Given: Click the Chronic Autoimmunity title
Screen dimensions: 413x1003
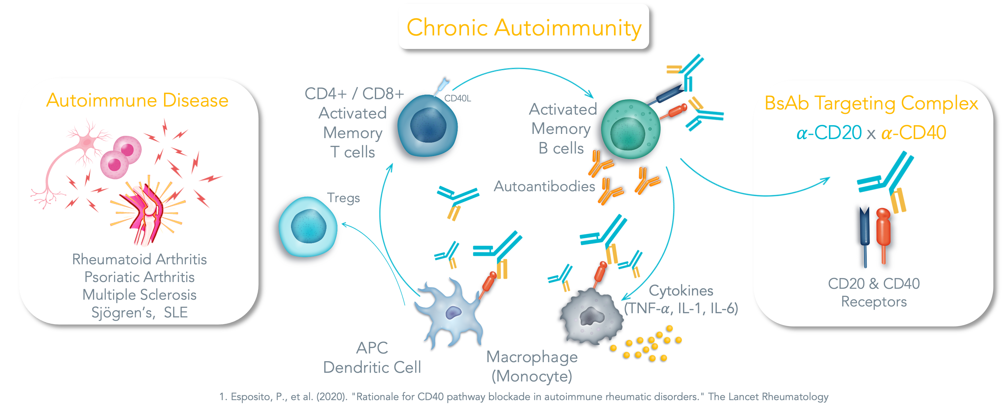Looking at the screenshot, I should click(x=524, y=27).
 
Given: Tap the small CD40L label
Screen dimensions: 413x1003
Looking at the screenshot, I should click(x=458, y=99).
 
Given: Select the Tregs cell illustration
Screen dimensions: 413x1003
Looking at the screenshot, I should click(x=305, y=229).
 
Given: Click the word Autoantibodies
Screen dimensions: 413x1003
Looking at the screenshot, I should click(x=544, y=186).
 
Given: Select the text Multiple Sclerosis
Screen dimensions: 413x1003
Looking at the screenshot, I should click(x=139, y=295).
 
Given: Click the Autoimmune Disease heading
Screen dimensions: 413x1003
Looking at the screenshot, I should click(x=137, y=100).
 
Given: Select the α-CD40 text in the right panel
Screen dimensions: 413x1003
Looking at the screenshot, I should click(x=913, y=133).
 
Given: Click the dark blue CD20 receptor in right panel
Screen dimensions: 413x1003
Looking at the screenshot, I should click(x=864, y=233).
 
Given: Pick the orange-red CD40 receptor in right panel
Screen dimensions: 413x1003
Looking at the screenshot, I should click(x=883, y=233).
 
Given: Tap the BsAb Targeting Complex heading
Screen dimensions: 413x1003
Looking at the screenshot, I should click(x=872, y=103).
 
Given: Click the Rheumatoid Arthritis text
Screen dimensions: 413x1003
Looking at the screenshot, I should click(x=139, y=259).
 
